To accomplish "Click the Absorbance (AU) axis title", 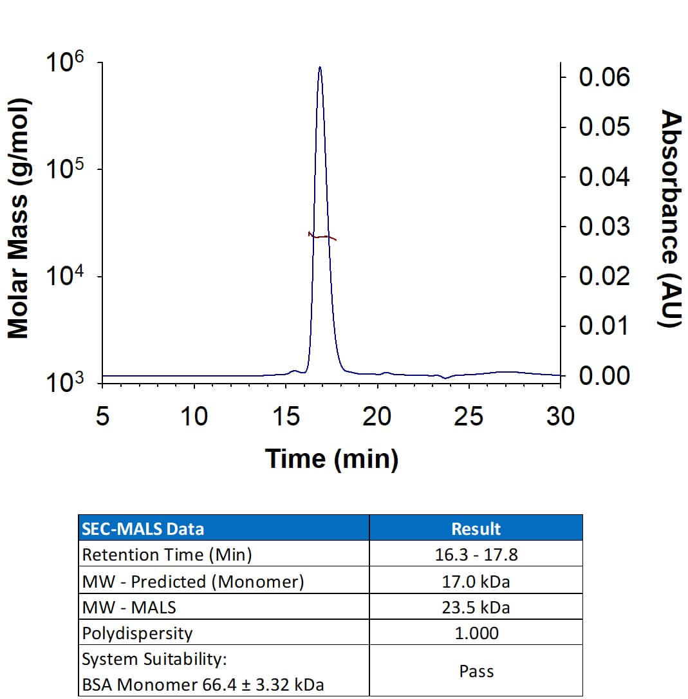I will [671, 219].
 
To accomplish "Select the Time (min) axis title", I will [331, 459].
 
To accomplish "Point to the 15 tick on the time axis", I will [286, 416].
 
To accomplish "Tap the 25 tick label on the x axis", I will [468, 416].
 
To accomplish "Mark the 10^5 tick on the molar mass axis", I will [65, 170].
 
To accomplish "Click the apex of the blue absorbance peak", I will [319, 67].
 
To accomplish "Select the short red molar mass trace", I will [322, 237].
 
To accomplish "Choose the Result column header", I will [476, 529].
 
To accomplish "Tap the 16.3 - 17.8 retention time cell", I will [476, 555].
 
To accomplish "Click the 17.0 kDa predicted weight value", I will [476, 581].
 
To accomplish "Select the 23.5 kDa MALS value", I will [476, 607].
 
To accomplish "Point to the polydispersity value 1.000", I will [476, 633].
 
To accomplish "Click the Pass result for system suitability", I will [476, 671].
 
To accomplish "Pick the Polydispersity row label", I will [137, 633].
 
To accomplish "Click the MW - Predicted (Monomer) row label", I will [192, 581].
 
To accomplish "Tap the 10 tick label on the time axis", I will [194, 416].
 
